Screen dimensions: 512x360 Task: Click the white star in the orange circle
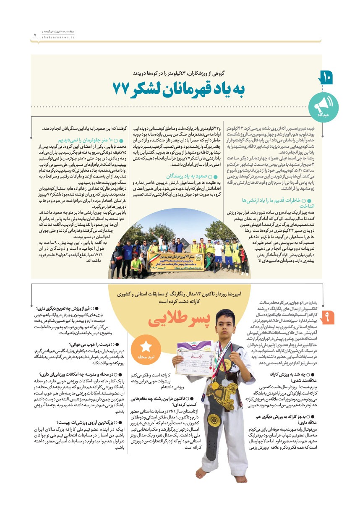pos(146,346)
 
